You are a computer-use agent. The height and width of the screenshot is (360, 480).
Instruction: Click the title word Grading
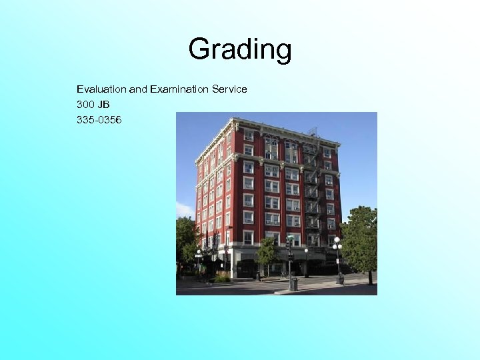click(x=239, y=49)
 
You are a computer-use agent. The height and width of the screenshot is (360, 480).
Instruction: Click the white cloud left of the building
click(x=185, y=210)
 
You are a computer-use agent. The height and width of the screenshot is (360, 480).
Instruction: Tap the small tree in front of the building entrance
click(x=266, y=253)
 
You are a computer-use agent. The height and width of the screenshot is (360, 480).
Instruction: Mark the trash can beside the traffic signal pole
click(x=293, y=283)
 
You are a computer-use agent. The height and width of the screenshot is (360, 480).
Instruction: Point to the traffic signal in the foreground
click(x=289, y=243)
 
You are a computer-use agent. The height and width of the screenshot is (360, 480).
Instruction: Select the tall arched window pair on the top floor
click(x=271, y=148)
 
